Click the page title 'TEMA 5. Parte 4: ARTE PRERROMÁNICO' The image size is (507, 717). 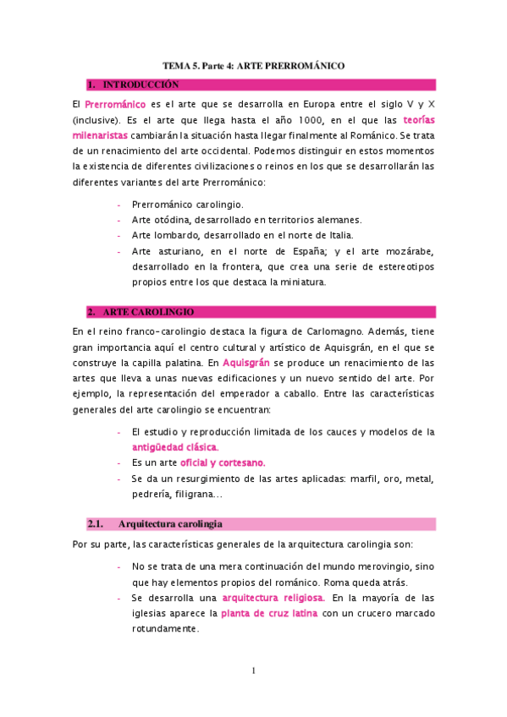254,65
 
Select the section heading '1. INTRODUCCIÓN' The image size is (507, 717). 141,85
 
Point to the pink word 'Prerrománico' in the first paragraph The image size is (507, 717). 115,103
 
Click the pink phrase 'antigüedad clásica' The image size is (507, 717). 175,446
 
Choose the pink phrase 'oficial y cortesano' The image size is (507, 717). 198,462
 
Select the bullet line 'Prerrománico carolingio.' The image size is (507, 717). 187,204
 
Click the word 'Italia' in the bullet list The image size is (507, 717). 337,235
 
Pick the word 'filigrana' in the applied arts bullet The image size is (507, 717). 196,494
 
